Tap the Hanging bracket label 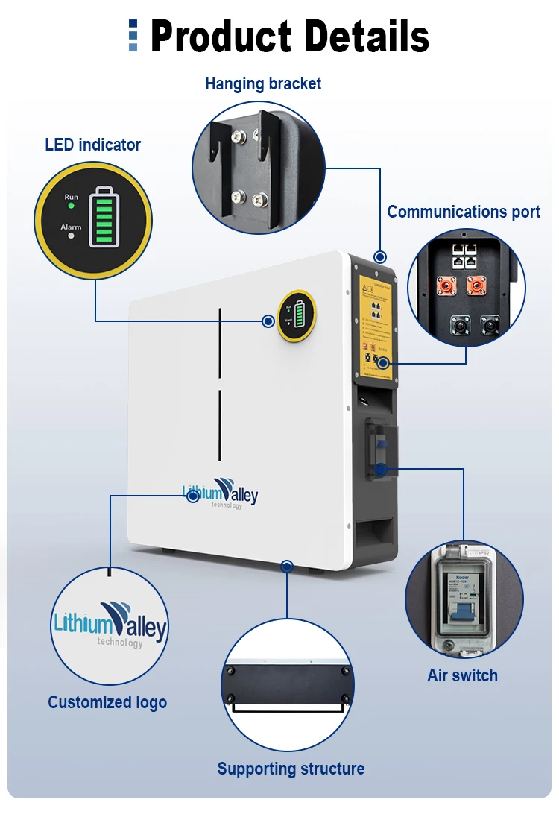coord(263,83)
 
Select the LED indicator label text coord(92,145)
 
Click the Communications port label coord(463,212)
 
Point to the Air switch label coord(462,675)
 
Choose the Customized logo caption coord(107,702)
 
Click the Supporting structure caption coord(291,769)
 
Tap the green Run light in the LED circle coord(71,205)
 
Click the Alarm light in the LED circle coord(71,236)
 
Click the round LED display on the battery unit coord(297,315)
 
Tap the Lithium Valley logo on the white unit coord(221,493)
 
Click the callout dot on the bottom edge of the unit coord(286,567)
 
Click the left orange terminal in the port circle coord(447,287)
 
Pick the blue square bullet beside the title coord(133,35)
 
